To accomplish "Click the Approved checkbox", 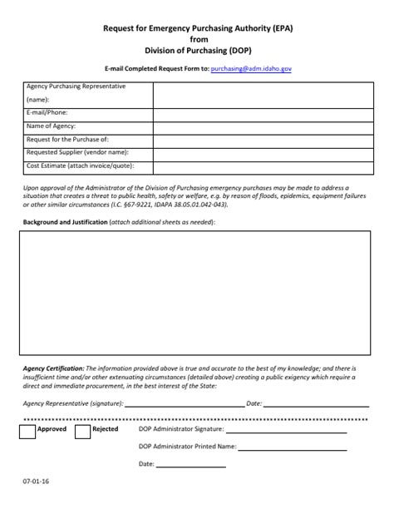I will tap(26, 431).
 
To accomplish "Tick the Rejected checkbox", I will tap(82, 431).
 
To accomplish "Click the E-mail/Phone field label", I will tap(47, 112).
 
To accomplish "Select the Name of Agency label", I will tap(52, 126).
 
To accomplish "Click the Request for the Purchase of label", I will tap(68, 140).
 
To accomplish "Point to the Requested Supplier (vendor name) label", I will tap(77, 153).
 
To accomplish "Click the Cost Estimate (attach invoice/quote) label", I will tap(83, 166).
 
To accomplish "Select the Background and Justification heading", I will tap(65, 223).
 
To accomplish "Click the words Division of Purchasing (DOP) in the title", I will tap(197, 51).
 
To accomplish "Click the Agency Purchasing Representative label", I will tap(76, 86).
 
